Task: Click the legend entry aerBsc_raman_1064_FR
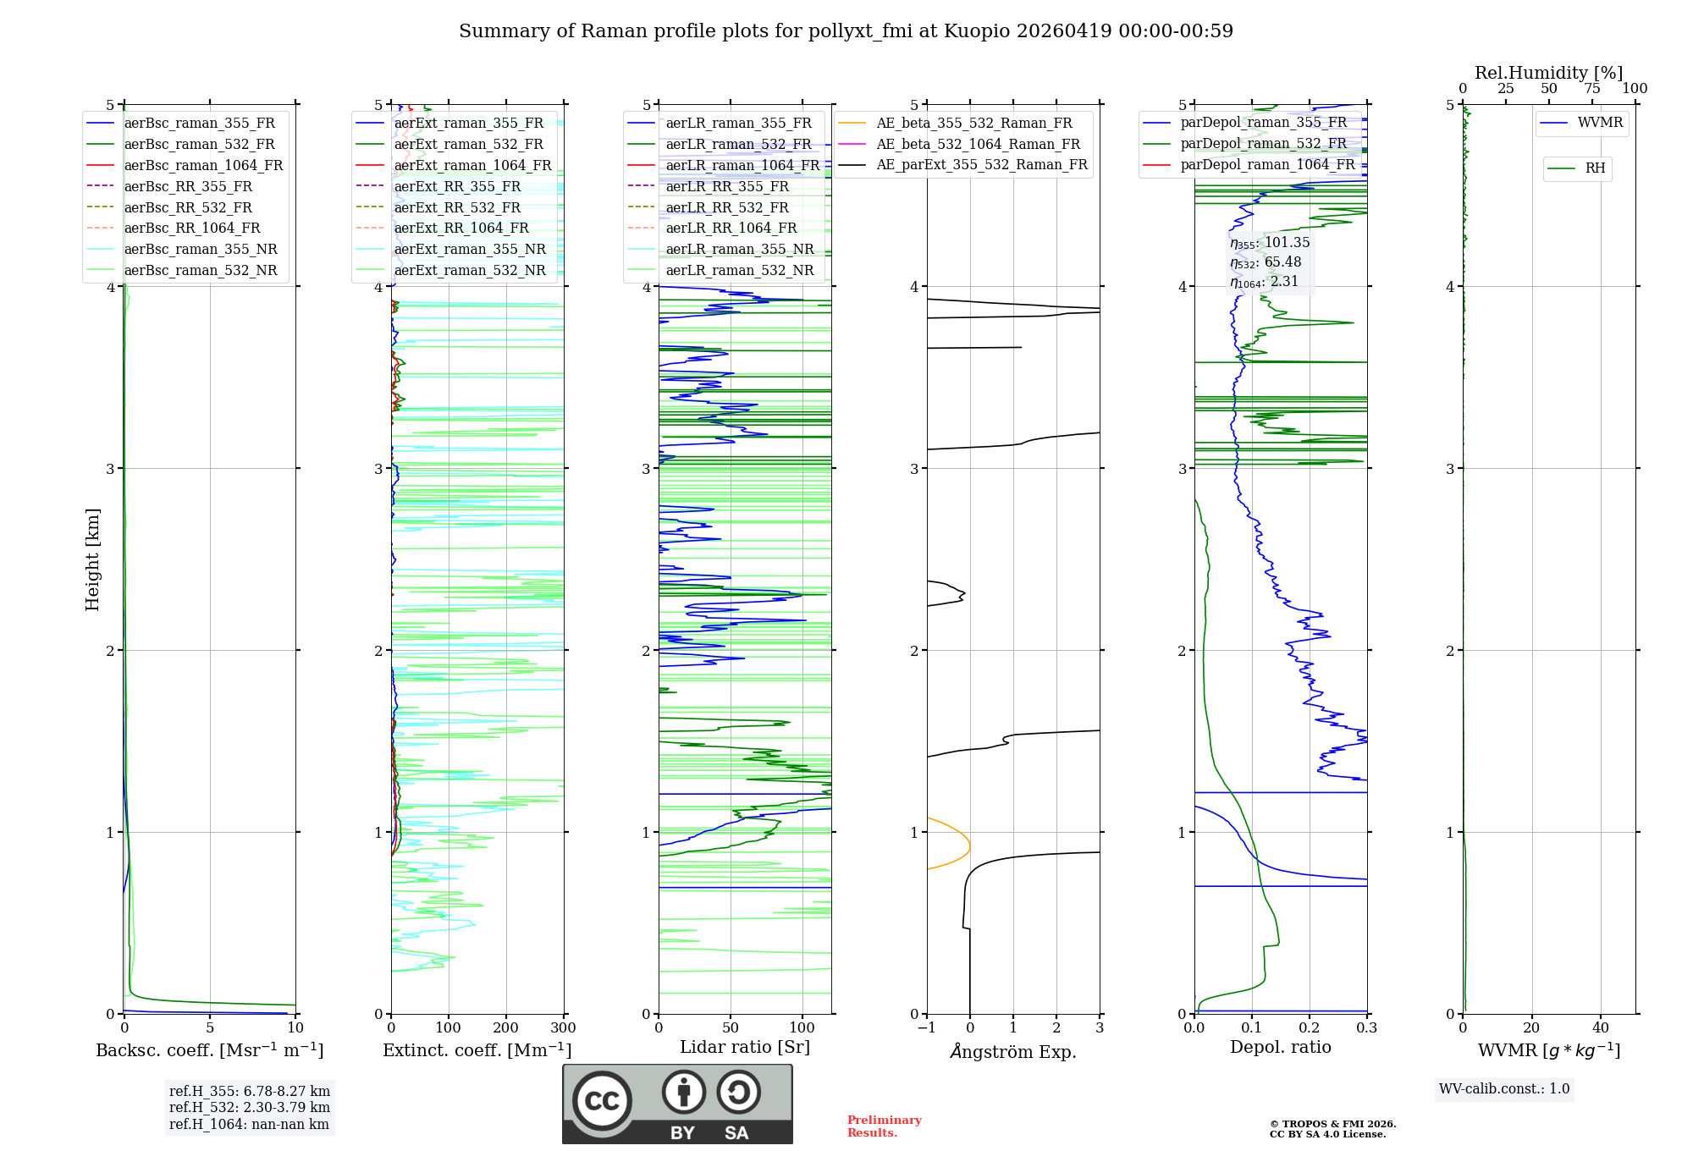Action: [x=203, y=166]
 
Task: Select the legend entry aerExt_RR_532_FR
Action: [x=457, y=207]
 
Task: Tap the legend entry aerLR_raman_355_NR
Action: [x=739, y=250]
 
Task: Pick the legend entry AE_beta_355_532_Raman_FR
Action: [x=973, y=124]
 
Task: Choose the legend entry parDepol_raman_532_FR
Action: [x=1263, y=144]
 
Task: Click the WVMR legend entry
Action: [x=1600, y=123]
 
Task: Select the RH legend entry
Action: [x=1595, y=168]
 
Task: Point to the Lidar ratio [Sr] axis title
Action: [x=744, y=1047]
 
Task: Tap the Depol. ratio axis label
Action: [x=1280, y=1047]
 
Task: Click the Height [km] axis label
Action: [x=92, y=559]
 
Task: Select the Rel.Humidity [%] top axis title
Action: [x=1548, y=73]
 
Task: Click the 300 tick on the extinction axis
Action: [x=563, y=1028]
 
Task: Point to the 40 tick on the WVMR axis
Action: [x=1600, y=1028]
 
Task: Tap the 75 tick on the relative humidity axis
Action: [x=1591, y=89]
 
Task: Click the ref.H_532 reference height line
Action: [x=249, y=1108]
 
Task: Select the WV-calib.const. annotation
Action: [x=1504, y=1089]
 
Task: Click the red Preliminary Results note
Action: [x=884, y=1126]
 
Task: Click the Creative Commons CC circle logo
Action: [x=602, y=1101]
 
